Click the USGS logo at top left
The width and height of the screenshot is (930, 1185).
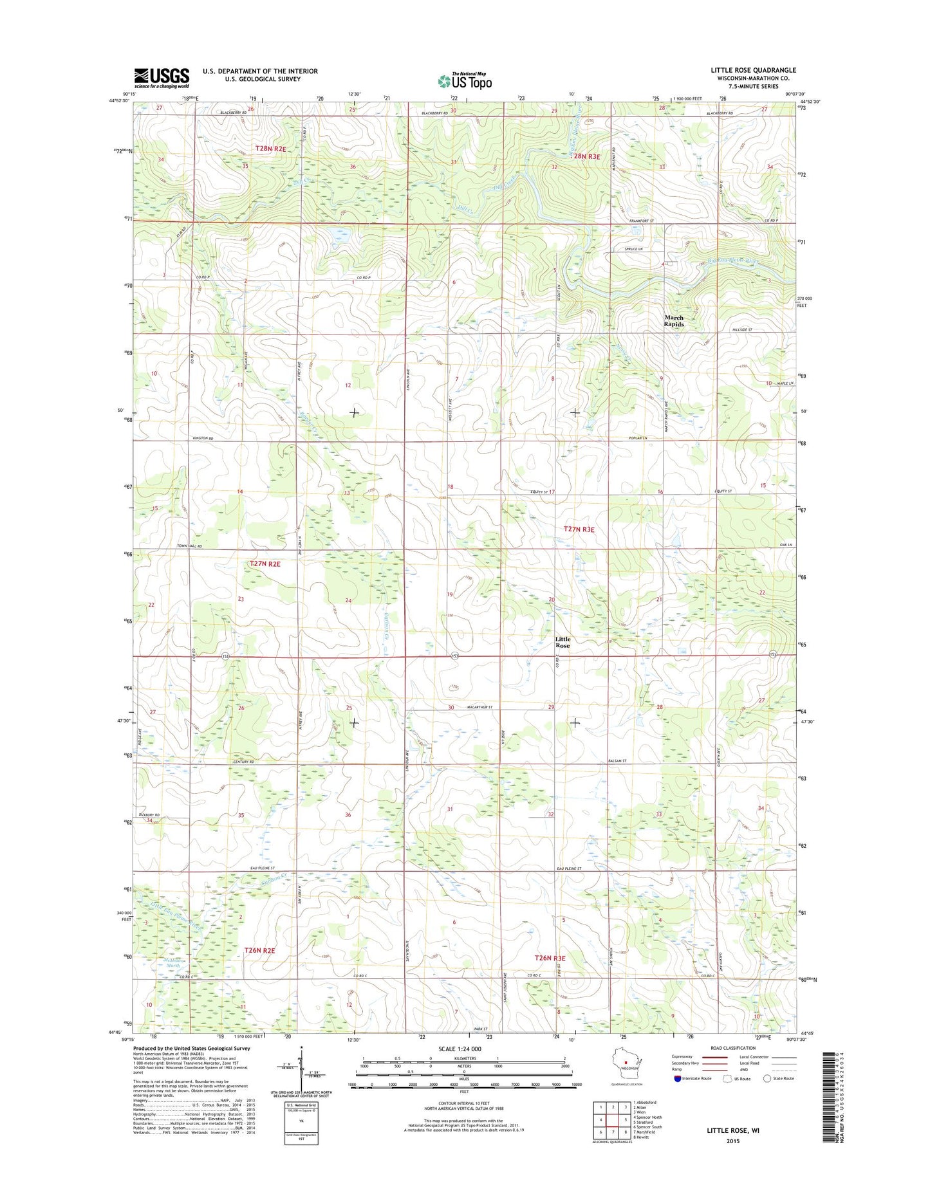point(162,77)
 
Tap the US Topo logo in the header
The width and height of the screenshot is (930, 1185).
point(465,80)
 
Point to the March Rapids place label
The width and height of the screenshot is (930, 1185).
point(674,321)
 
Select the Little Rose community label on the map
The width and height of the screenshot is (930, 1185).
point(563,642)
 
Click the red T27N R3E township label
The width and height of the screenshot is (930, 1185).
point(579,529)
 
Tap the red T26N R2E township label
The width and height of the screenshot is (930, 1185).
point(260,950)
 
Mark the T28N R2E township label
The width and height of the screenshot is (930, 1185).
point(270,149)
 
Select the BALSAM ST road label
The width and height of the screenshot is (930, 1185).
point(617,761)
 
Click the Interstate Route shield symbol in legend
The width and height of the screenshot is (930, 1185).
point(677,1096)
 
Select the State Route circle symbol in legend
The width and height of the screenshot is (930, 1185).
point(767,1096)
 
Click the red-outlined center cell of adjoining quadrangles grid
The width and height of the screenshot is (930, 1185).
point(613,1120)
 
